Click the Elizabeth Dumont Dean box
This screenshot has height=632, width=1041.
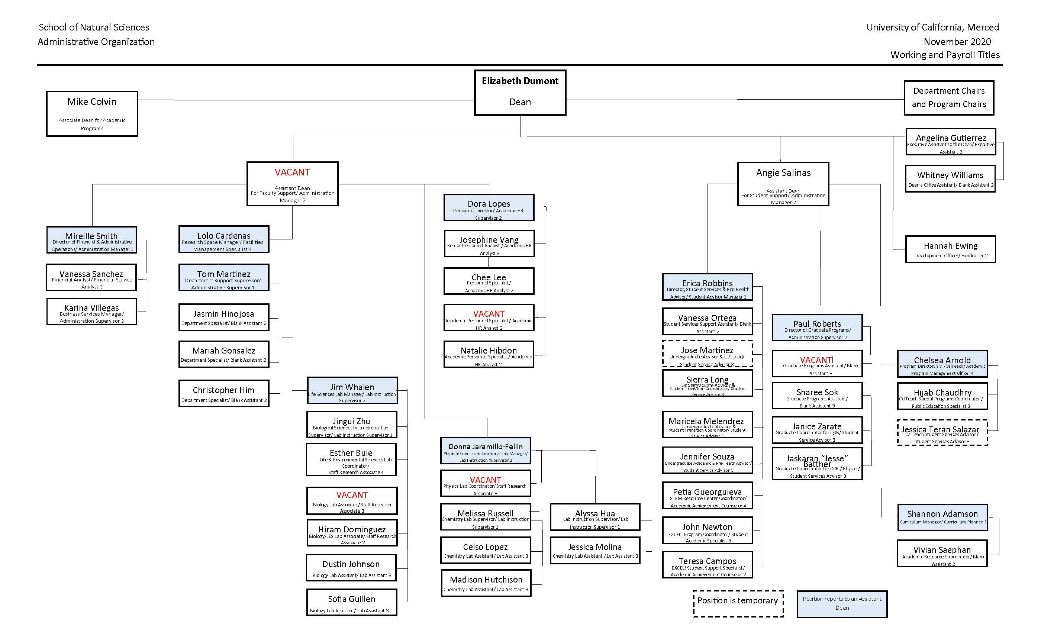coord(520,93)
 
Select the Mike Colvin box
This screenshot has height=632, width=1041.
coord(92,113)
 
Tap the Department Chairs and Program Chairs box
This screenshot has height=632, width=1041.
coord(948,97)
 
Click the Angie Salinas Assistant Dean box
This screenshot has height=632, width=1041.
coord(783,184)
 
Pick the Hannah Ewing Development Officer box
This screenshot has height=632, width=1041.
coord(950,249)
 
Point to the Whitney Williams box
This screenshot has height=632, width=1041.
coord(950,179)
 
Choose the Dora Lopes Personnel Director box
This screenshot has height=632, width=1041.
coord(489,207)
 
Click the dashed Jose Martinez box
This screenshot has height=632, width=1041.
coord(707,354)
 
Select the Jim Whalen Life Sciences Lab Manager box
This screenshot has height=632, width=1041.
coord(352,390)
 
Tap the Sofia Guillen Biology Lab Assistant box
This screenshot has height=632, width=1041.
coord(351,602)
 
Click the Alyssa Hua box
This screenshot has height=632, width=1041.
coord(595,517)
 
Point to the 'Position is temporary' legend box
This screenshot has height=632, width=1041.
coord(738,604)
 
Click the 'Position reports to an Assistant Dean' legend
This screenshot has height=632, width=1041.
coord(842,604)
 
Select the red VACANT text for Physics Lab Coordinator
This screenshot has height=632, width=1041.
coord(486,480)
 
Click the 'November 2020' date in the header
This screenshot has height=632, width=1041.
coord(957,42)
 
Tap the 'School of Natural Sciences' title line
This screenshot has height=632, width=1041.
coord(94,28)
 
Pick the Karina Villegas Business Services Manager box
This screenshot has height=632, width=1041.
coord(92,312)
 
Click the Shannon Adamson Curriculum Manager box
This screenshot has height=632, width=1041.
coord(942,517)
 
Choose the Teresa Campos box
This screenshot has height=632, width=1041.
coord(707,564)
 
